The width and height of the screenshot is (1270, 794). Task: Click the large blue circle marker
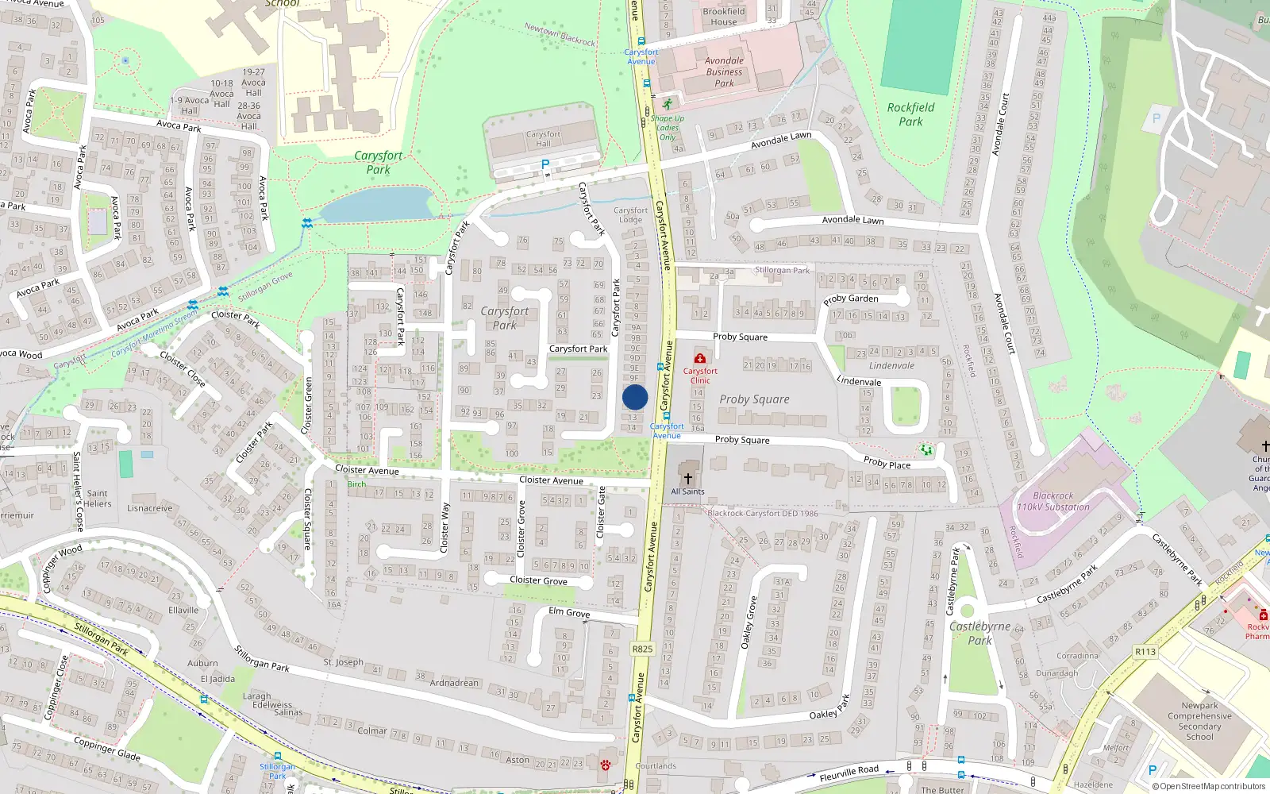coord(635,397)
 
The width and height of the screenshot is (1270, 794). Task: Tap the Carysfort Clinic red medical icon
coord(699,359)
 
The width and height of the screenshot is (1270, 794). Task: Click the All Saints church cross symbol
coord(687,478)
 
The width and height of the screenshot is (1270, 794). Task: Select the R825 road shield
coord(642,649)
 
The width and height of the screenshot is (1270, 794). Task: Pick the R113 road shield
coord(1145,652)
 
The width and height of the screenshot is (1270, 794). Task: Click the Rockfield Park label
coord(910,114)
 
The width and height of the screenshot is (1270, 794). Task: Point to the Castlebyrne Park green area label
coord(979,633)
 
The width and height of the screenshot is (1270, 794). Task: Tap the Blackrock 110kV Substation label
coord(1053,501)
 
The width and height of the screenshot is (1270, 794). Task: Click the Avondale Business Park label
coord(724,71)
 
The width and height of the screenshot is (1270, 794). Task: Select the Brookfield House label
coord(723,17)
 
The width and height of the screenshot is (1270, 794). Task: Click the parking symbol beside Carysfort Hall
coord(545,164)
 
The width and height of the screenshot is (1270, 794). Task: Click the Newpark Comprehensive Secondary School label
coord(1199,721)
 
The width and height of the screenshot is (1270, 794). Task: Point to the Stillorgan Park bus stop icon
coord(277,756)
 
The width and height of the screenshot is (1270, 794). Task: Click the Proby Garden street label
coord(850,299)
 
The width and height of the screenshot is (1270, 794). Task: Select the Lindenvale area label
coord(891,366)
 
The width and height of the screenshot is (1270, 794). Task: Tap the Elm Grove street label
coord(569,612)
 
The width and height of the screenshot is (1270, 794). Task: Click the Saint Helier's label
coord(98,499)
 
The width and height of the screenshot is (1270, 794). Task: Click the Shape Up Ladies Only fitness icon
coord(668,105)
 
